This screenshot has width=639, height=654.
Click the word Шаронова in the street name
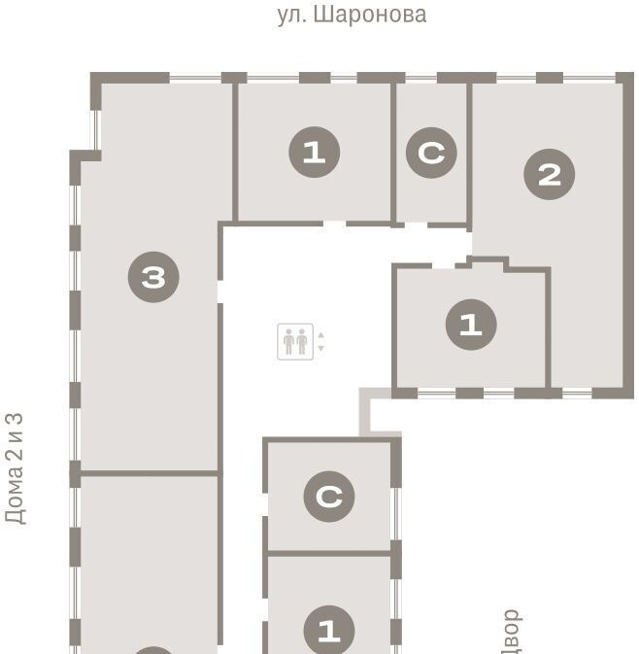point(369,16)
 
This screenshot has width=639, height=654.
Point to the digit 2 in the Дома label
point(14,452)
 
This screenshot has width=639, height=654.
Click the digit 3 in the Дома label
point(14,420)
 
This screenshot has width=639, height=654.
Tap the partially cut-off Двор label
point(512,632)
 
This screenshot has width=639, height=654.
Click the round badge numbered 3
point(153,277)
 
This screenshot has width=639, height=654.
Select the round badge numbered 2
point(549,174)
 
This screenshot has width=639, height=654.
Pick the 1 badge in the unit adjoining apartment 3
point(315,153)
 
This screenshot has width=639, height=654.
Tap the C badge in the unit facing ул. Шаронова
point(431,153)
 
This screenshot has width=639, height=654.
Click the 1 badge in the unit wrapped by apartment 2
point(471,325)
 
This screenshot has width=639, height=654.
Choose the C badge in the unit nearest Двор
point(329,497)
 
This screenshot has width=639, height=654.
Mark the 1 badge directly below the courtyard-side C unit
point(329,631)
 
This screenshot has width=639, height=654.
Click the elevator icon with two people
point(295,342)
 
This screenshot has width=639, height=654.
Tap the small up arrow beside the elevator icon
point(321,335)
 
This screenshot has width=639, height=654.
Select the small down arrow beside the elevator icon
point(321,348)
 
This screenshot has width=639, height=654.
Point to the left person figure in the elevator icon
point(288,342)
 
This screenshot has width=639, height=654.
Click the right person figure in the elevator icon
point(302,342)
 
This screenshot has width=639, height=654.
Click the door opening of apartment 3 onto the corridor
point(220,292)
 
